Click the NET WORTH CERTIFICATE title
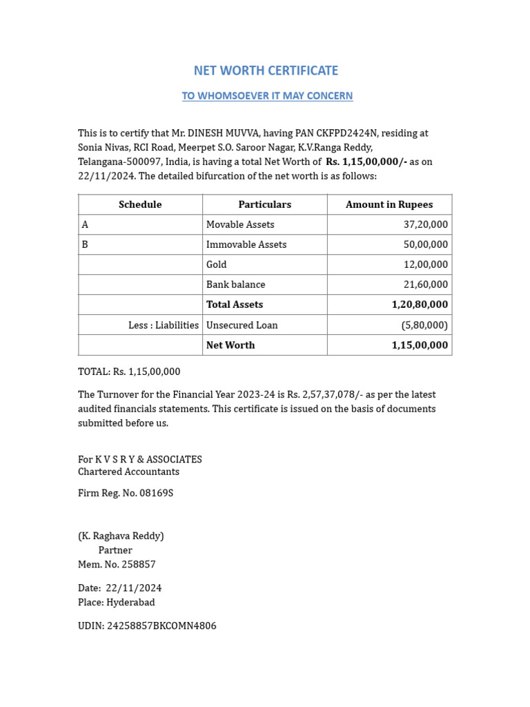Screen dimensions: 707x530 coord(266,70)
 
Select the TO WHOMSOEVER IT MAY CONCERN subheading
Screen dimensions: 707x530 coord(267,96)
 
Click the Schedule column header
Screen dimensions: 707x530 coord(140,204)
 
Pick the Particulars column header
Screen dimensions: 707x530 coord(264,204)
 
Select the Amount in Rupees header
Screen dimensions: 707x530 coord(389,204)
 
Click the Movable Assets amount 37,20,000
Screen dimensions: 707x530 coord(425,224)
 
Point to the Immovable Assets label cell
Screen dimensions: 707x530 coord(246,244)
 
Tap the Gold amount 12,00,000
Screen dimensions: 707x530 coord(425,264)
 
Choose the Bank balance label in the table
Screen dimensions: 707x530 coord(235,284)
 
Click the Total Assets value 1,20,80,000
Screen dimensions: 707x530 coord(420,304)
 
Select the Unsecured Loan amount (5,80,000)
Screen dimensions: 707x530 coord(424,325)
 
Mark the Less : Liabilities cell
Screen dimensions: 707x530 coord(164,325)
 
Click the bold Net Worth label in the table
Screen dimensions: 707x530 coord(230,345)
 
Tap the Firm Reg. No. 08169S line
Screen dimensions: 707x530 coord(126,494)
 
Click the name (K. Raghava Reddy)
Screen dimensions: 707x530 coord(121,536)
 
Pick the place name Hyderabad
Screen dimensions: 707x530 coord(130,602)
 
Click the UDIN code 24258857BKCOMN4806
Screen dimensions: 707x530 coord(161,626)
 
